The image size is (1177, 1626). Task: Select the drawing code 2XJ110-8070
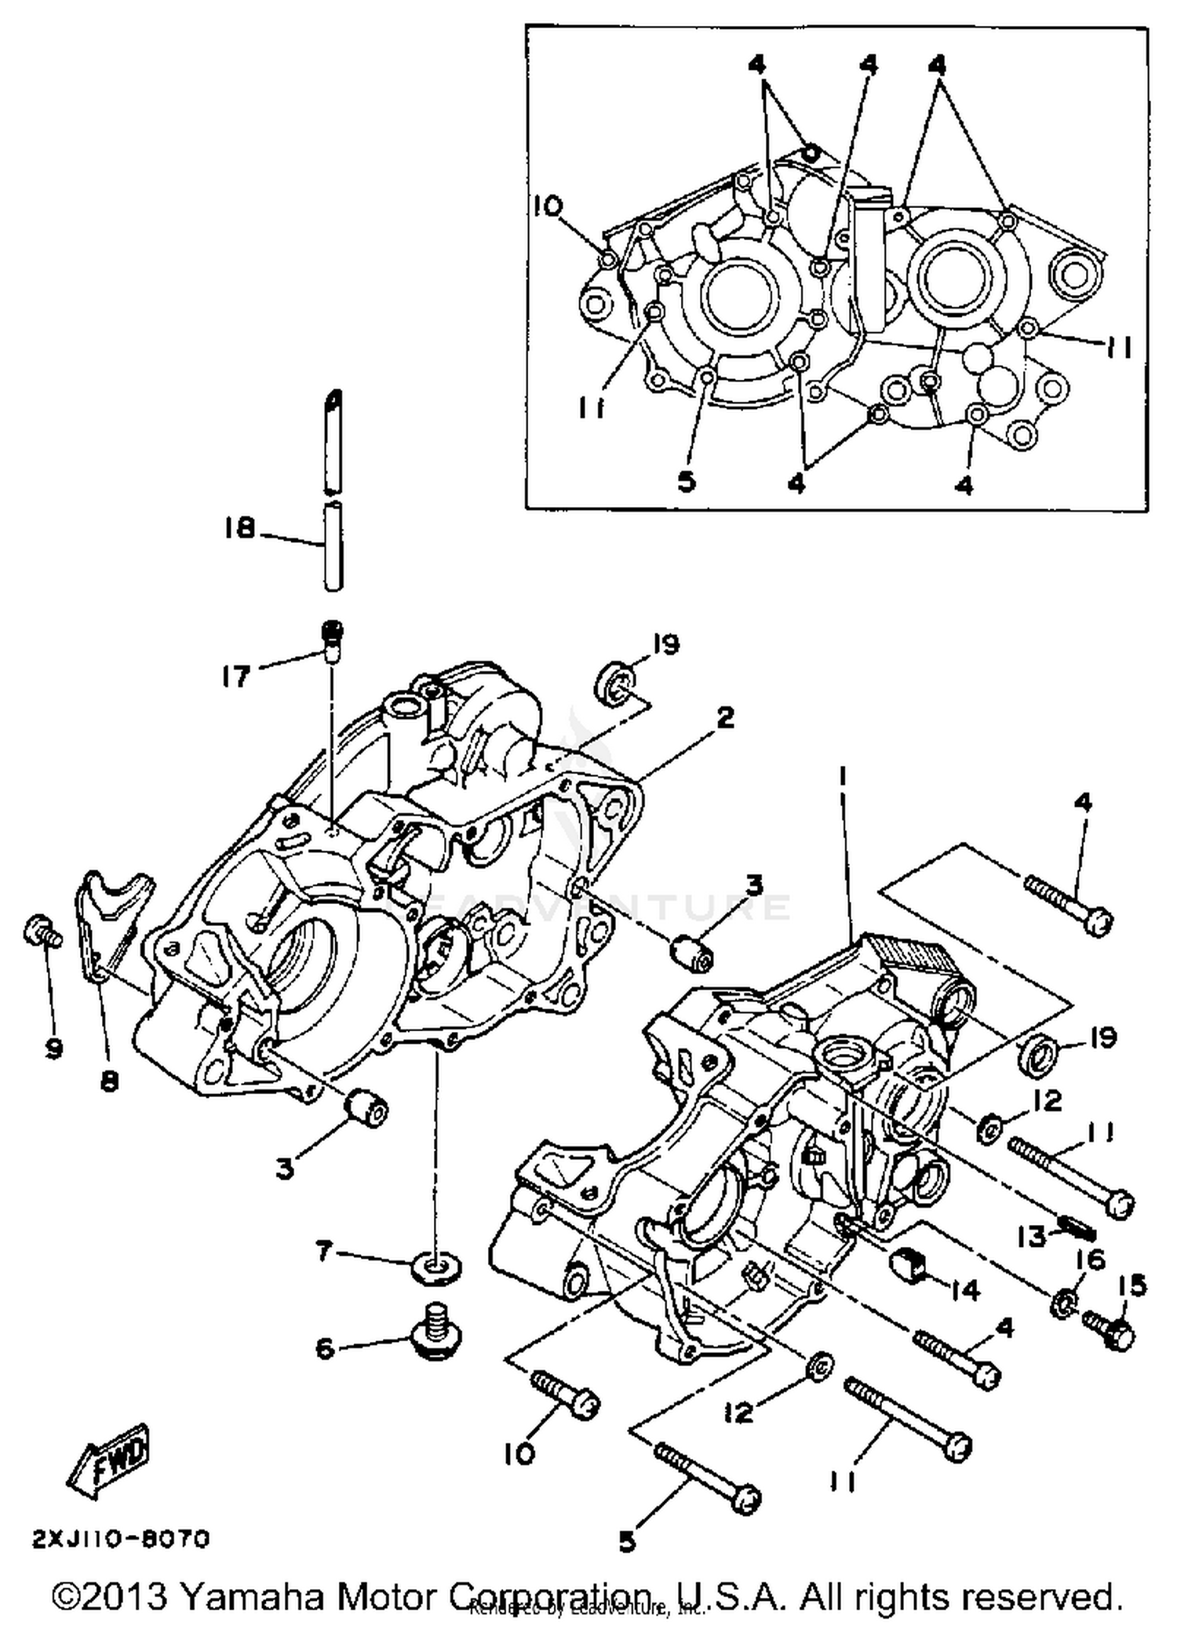click(x=121, y=1540)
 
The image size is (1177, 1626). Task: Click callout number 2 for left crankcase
click(x=724, y=717)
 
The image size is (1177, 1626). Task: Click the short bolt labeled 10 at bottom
click(x=567, y=1393)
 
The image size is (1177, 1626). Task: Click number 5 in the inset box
click(x=687, y=481)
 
